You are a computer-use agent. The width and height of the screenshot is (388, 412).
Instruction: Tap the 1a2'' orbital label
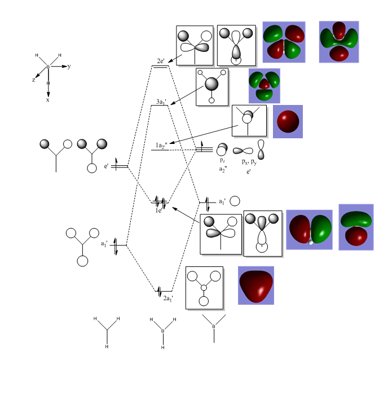point(162,146)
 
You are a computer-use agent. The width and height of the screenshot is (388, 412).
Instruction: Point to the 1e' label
point(160,211)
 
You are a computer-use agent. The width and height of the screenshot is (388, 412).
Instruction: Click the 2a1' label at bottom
point(168,298)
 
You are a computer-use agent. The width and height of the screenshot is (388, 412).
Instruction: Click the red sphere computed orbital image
point(288,121)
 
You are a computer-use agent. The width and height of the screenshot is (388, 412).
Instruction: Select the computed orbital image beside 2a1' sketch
point(255,285)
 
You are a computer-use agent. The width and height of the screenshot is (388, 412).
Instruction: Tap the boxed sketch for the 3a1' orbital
point(212,87)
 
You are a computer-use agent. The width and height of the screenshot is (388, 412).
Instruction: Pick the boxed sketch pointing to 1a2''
point(249,120)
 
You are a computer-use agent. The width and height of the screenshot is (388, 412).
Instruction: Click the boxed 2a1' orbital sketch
point(204,287)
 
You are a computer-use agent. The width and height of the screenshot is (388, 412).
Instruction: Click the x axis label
point(48,100)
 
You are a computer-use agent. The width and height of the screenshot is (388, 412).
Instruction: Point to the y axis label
point(69,67)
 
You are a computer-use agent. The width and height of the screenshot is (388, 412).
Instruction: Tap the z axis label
point(33,80)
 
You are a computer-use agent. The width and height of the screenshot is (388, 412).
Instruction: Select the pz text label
point(223,160)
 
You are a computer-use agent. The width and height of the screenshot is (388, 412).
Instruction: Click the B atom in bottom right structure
point(213,327)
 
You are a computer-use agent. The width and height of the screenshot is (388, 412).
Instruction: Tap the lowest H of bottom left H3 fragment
point(107,347)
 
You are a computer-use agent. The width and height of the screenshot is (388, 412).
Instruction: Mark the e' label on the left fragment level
point(106,166)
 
